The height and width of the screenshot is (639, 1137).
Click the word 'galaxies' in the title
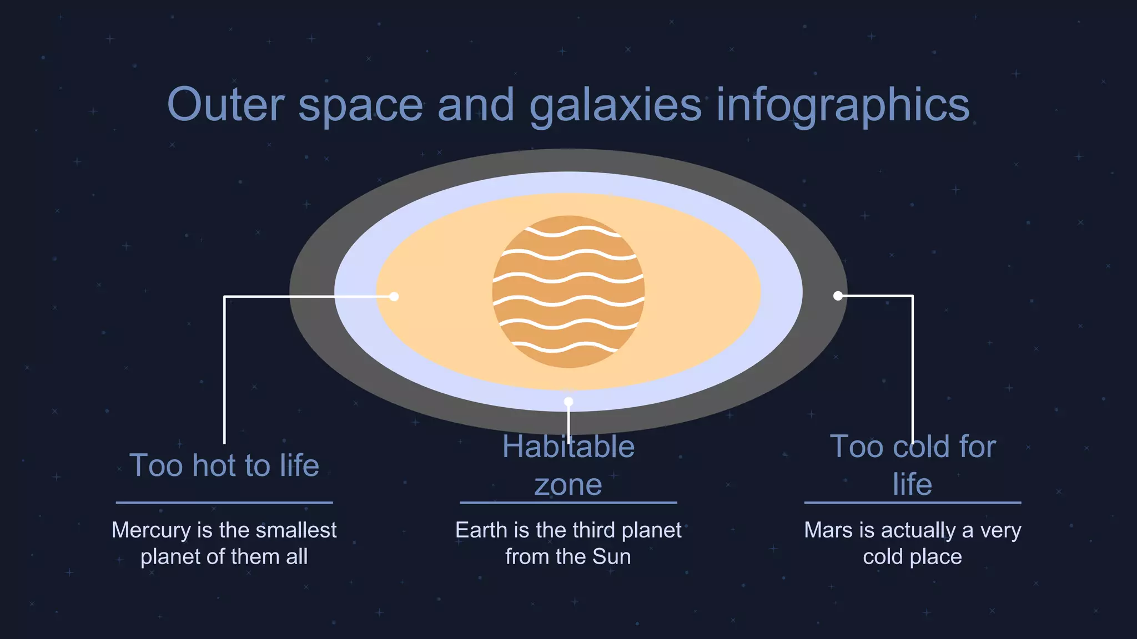pyautogui.click(x=615, y=105)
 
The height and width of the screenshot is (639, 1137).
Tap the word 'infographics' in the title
pyautogui.click(x=843, y=105)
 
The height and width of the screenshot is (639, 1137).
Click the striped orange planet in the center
pyautogui.click(x=568, y=292)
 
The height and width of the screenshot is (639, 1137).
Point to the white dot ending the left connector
pyautogui.click(x=394, y=297)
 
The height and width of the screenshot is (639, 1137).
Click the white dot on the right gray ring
pyautogui.click(x=838, y=296)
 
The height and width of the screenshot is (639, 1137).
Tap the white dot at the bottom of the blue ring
pyautogui.click(x=568, y=402)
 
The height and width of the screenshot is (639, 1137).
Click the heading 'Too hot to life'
pyautogui.click(x=224, y=465)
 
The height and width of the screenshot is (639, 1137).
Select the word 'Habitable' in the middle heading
pyautogui.click(x=568, y=447)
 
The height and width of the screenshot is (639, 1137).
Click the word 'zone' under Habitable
pyautogui.click(x=568, y=485)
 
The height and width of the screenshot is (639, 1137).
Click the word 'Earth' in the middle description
pyautogui.click(x=481, y=530)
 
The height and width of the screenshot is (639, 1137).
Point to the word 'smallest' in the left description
pyautogui.click(x=296, y=530)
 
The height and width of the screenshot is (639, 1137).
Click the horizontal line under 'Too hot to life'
pyautogui.click(x=224, y=503)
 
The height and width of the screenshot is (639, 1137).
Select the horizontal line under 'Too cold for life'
pyautogui.click(x=913, y=503)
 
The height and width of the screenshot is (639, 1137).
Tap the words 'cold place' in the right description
pyautogui.click(x=913, y=556)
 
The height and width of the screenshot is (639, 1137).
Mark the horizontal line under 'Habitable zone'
pyautogui.click(x=568, y=503)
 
